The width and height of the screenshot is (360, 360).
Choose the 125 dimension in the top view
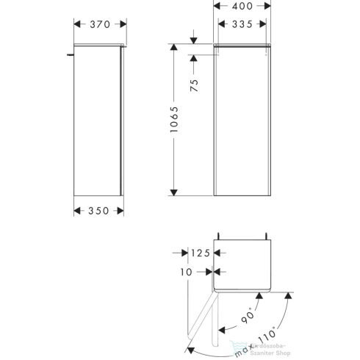[x=201, y=253]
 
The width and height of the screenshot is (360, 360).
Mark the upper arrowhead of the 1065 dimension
[x=173, y=46]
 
